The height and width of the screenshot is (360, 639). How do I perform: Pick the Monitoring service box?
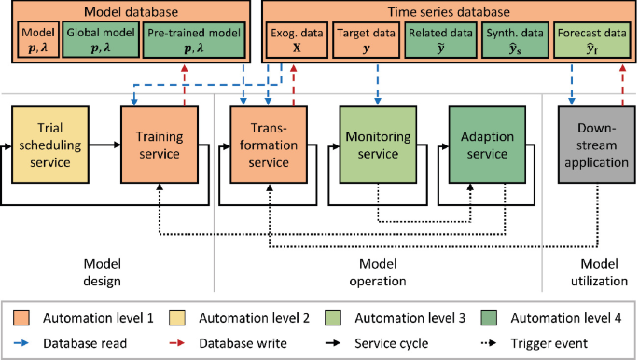pos(371,144)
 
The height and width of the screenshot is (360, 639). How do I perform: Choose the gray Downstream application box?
pos(594,144)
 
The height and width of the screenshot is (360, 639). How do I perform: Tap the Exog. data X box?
pos(294,43)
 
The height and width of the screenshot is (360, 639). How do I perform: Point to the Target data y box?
pos(366,43)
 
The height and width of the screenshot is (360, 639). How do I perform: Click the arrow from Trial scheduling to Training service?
pos(104,145)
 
